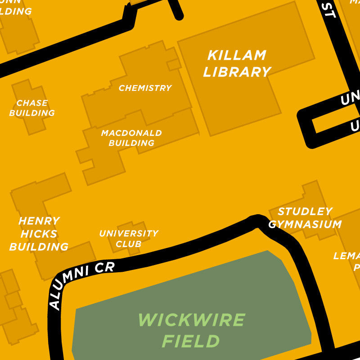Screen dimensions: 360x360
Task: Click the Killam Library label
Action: (x=237, y=64)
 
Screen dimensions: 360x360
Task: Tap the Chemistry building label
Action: (x=145, y=88)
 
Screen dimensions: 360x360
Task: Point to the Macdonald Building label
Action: (x=131, y=138)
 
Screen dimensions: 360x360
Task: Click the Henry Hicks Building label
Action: (x=39, y=234)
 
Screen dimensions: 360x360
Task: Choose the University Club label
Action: (x=129, y=238)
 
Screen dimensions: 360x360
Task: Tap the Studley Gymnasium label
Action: (x=305, y=218)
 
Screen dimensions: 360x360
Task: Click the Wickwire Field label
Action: (x=191, y=331)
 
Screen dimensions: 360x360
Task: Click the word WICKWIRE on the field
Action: (x=191, y=320)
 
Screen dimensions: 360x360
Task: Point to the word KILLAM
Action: (x=237, y=56)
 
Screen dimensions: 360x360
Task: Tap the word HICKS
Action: (x=39, y=234)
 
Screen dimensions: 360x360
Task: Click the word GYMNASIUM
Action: (x=305, y=224)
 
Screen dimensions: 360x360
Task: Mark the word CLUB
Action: (x=129, y=244)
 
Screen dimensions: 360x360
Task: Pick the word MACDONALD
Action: (x=131, y=133)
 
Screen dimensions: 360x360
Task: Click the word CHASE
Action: (x=32, y=103)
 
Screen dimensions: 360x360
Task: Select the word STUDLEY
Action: (x=305, y=211)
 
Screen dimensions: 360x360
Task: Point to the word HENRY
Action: (x=39, y=221)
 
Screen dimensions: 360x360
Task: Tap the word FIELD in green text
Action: (x=191, y=342)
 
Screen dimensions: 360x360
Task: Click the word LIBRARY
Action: (x=237, y=72)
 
